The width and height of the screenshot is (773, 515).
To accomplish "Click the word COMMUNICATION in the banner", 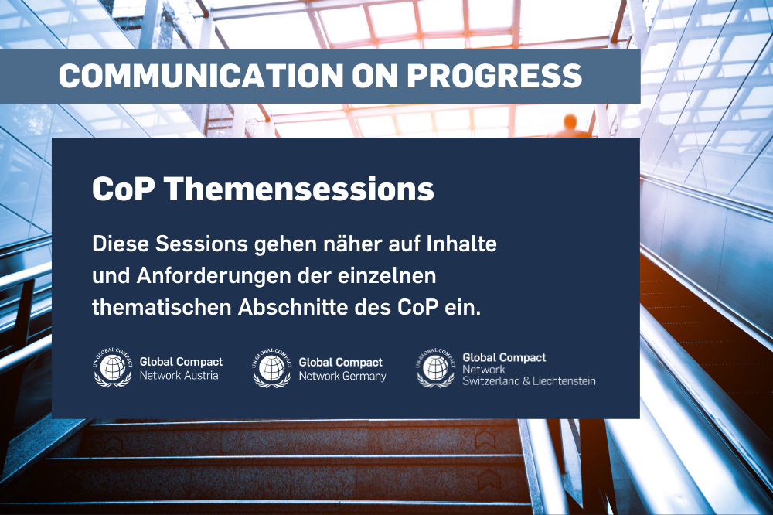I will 199,76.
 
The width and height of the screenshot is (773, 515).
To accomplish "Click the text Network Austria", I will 179,376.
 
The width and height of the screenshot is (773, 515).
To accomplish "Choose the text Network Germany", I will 342,377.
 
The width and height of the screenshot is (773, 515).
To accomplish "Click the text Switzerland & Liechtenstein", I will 529,381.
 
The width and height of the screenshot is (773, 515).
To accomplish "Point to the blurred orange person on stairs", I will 570,126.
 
